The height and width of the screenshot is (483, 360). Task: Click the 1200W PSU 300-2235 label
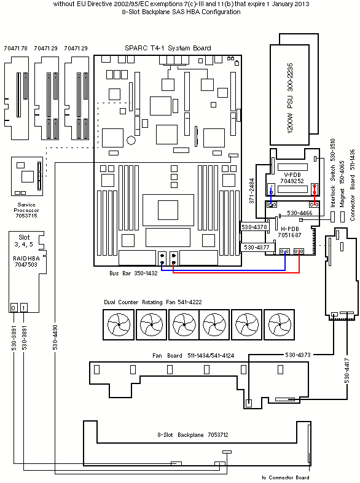[x=290, y=98]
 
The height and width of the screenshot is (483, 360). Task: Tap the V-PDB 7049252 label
[x=292, y=178]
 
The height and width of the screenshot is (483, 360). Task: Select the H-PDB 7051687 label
[x=289, y=232]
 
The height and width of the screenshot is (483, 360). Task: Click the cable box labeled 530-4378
[x=254, y=227]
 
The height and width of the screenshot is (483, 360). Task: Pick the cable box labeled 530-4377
[x=256, y=248]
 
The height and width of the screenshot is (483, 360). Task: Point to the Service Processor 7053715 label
[x=26, y=210]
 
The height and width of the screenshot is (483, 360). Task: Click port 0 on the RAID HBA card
[x=14, y=308]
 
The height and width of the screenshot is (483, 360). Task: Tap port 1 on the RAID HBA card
[x=24, y=308]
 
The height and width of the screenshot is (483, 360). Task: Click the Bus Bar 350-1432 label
[x=133, y=273]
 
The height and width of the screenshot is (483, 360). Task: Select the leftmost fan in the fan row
[x=119, y=324]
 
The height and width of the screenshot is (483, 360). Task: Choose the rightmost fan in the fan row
[x=280, y=324]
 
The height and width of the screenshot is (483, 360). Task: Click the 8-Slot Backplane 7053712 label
[x=193, y=435]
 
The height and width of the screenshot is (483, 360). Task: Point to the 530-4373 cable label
[x=298, y=355]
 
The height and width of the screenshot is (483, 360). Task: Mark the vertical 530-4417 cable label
[x=347, y=371]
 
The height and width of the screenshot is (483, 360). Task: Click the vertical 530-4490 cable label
[x=55, y=337]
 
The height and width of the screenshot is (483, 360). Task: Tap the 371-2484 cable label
[x=252, y=190]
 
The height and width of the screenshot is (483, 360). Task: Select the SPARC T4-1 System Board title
[x=168, y=48]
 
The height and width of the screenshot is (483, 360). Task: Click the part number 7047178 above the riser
[x=15, y=49]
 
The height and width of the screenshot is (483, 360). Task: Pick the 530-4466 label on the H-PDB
[x=300, y=213]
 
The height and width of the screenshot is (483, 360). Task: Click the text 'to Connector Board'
[x=286, y=477]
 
